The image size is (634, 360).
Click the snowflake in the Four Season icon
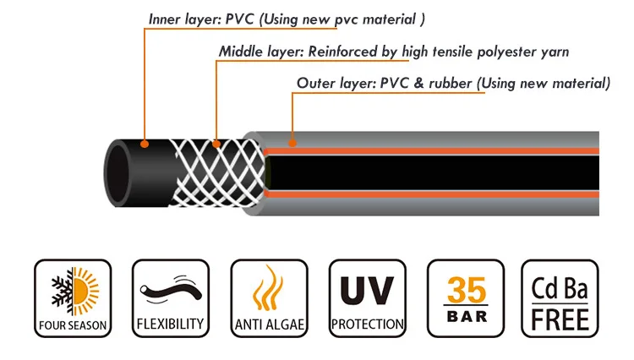pos(60,292)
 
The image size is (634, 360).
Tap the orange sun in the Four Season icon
pos(85,292)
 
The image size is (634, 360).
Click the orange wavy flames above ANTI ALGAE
pos(269,289)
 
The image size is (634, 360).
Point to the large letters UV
pos(367,288)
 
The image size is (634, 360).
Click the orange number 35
pos(466,288)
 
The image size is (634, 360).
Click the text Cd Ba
pos(564,287)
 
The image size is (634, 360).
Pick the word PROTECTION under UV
pos(367,325)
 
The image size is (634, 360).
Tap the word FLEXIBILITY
pos(170,324)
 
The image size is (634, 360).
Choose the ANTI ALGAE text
pos(269,325)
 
